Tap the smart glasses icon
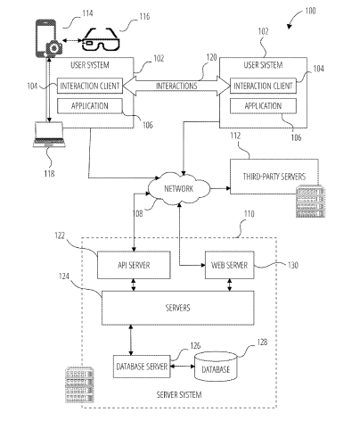pyautogui.click(x=101, y=39)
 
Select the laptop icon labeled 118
pyautogui.click(x=49, y=135)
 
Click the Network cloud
pyautogui.click(x=179, y=188)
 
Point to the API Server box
pyautogui.click(x=134, y=265)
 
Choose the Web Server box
pyautogui.click(x=230, y=265)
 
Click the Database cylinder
pyautogui.click(x=216, y=367)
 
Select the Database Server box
pyautogui.click(x=142, y=367)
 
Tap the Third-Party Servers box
pyautogui.click(x=274, y=177)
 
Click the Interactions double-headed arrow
pyautogui.click(x=176, y=86)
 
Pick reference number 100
pyautogui.click(x=310, y=11)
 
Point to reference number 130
pyautogui.click(x=293, y=265)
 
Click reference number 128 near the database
pyautogui.click(x=262, y=342)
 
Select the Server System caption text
pyautogui.click(x=179, y=395)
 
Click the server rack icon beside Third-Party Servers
pyautogui.click(x=309, y=202)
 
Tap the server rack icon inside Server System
pyautogui.click(x=79, y=385)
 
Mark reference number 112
pyautogui.click(x=235, y=136)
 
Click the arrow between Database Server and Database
pyautogui.click(x=183, y=367)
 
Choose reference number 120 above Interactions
pyautogui.click(x=211, y=57)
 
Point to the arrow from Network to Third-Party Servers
pyautogui.click(x=220, y=188)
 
